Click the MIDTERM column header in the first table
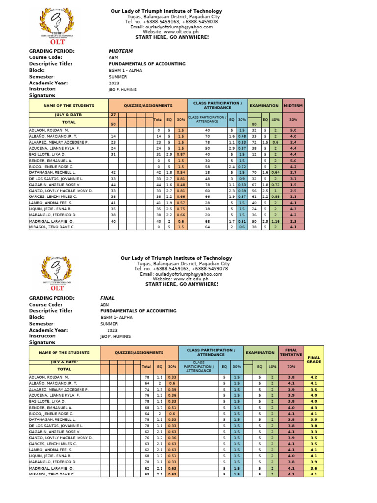(293, 105)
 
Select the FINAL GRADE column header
(314, 359)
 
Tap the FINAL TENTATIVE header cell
(291, 352)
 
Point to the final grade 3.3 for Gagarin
(314, 431)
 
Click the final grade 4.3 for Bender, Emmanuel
(314, 407)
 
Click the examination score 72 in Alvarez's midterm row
(255, 142)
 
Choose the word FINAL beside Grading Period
(107, 298)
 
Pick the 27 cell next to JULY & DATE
(113, 114)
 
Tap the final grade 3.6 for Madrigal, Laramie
(314, 468)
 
